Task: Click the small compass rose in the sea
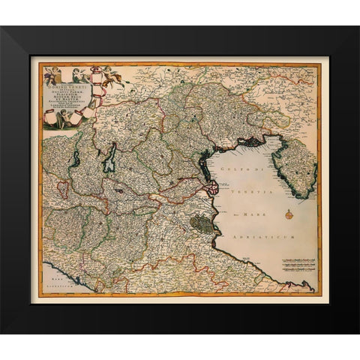pyautogui.click(x=289, y=214)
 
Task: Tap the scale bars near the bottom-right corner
pyautogui.click(x=298, y=265)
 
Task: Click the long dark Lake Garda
pyautogui.click(x=110, y=158)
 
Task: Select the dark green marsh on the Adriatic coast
pyautogui.click(x=200, y=223)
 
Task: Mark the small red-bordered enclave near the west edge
pyautogui.click(x=64, y=188)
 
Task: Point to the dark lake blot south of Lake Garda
pyautogui.click(x=121, y=190)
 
